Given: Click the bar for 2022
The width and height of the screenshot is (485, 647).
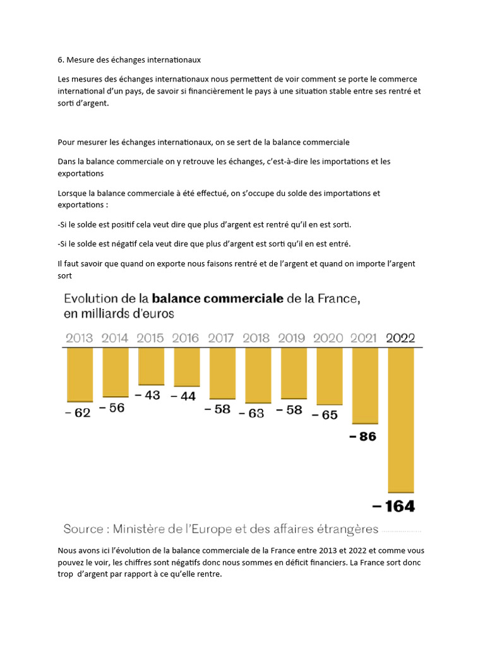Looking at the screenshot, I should [400, 420].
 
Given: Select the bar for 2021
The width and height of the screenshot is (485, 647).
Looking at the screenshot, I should [365, 385].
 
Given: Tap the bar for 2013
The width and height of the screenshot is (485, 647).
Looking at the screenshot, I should [80, 374].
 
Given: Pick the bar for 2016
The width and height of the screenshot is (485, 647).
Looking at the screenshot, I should [186, 366].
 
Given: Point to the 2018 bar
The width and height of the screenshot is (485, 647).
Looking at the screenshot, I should [258, 375].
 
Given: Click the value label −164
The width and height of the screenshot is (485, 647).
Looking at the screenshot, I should [393, 506].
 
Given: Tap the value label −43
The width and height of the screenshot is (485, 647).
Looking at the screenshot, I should [148, 395].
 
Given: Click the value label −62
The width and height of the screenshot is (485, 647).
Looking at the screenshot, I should [78, 413].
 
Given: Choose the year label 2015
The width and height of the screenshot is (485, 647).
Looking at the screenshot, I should [150, 338].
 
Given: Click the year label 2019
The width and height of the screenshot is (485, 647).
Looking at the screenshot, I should [292, 338].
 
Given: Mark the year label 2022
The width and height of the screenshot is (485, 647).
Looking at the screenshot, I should [400, 338].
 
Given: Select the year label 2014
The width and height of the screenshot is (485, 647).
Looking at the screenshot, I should [114, 338].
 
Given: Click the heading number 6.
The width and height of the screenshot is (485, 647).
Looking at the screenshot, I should [61, 60].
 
